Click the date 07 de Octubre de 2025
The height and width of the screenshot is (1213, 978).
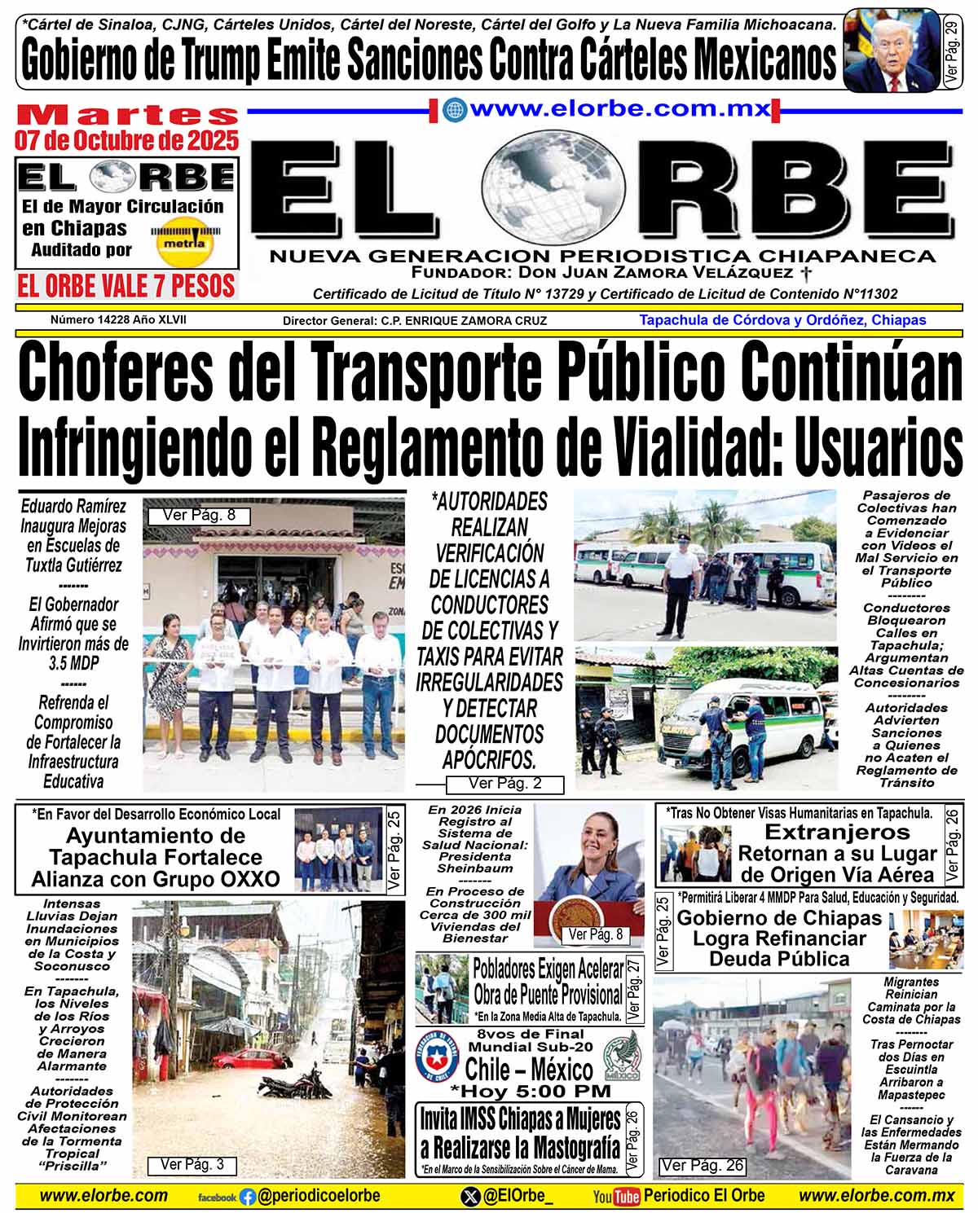point(126,140)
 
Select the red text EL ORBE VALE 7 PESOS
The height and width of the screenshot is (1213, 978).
point(126,286)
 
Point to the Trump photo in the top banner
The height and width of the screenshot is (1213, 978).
point(892,50)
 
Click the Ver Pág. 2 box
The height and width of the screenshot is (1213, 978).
point(504,784)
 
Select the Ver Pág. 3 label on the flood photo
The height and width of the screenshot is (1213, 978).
point(192,1165)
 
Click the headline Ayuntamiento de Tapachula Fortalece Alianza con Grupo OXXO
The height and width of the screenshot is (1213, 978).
point(155,858)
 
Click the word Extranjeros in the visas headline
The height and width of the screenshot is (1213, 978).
point(837,832)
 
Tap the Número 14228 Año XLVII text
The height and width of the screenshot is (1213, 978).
point(118,320)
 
